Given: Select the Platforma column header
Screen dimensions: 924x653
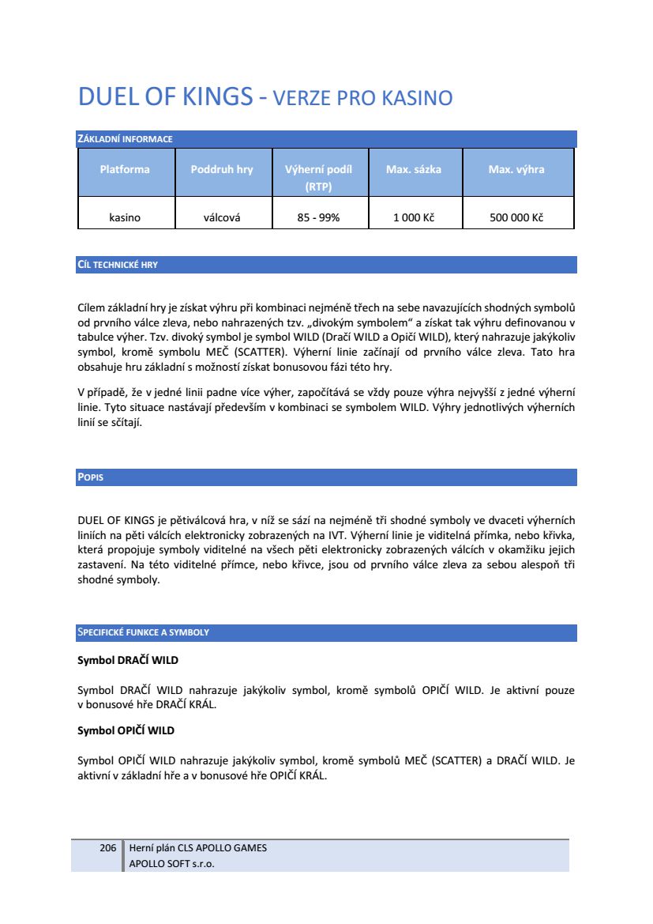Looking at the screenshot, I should click(125, 169).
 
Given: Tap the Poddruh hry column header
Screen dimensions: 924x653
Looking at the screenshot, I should click(222, 169).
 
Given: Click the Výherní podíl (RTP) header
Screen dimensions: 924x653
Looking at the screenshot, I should click(318, 178).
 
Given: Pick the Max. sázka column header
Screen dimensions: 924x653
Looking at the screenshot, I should click(414, 169).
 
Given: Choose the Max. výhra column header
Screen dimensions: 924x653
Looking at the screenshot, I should click(516, 169).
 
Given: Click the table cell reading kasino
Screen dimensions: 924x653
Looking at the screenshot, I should click(125, 217).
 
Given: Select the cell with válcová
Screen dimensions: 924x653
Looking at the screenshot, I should click(222, 217).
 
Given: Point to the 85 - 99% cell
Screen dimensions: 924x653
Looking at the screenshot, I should click(318, 217).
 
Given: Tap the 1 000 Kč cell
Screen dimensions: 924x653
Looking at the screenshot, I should click(414, 217).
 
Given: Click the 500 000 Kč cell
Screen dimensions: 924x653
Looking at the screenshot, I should click(516, 217).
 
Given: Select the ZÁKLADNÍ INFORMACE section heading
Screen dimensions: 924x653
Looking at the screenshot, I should click(125, 140).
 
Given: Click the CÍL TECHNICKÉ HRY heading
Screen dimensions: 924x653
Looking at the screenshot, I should click(118, 265).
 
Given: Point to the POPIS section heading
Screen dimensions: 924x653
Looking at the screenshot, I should click(91, 478).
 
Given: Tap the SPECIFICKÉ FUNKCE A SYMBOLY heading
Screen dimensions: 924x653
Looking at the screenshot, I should click(143, 633).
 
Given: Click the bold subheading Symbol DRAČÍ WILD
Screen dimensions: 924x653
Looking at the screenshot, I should click(122, 659).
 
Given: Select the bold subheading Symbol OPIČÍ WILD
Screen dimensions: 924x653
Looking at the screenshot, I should click(126, 730).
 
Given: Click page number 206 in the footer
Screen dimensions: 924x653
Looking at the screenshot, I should click(108, 848).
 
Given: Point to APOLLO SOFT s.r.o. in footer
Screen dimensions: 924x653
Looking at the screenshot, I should click(171, 863).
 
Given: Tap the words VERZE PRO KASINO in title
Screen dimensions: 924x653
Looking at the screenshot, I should click(362, 99).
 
